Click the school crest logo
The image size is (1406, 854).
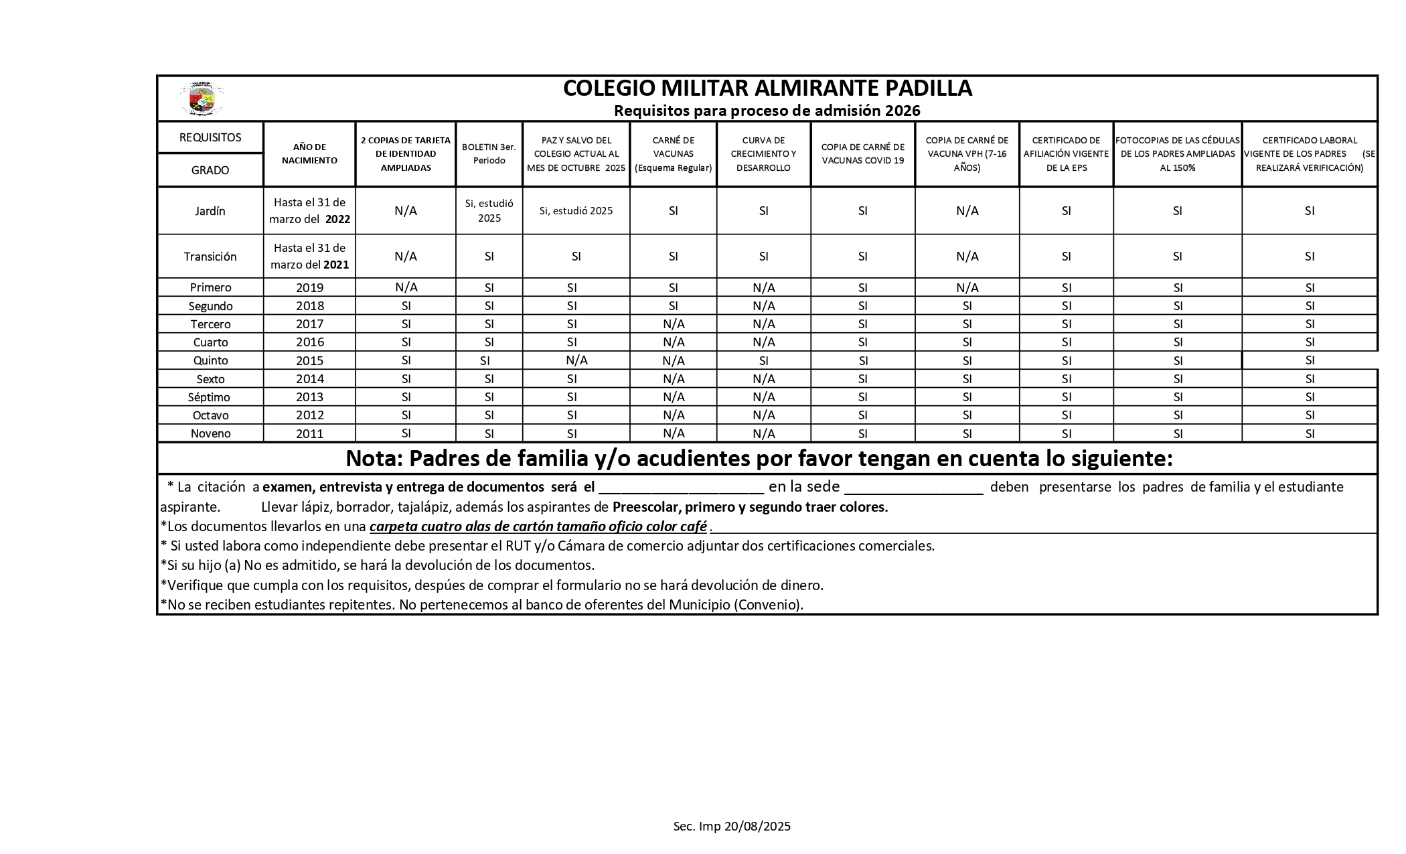coord(202,99)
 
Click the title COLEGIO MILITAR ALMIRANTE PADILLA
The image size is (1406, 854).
coord(767,88)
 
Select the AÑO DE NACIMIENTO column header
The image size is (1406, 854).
coord(309,154)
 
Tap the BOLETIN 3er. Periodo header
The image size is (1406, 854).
coord(489,154)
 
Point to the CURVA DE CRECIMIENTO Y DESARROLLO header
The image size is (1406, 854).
coord(763,154)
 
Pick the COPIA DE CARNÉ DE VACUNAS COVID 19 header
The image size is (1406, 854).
coord(862,154)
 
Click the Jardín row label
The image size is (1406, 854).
coord(210,211)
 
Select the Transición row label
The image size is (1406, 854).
coord(210,257)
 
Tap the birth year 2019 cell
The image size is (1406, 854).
coord(309,288)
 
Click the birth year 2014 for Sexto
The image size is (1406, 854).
coord(309,379)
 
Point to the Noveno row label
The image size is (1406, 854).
coord(210,433)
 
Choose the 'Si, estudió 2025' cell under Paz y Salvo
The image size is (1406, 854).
coord(576,211)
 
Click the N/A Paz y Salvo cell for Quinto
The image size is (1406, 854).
coord(576,360)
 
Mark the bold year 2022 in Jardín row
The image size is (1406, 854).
coord(337,220)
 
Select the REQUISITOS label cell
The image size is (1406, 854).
coord(210,137)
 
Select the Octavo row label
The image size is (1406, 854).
coord(210,415)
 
